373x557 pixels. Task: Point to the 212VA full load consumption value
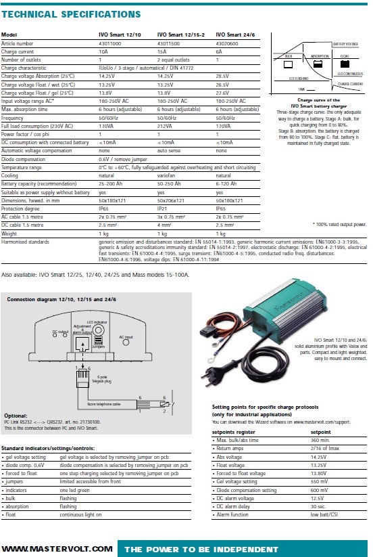click(x=166, y=125)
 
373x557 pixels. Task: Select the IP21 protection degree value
click(x=163, y=208)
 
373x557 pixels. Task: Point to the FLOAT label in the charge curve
click(x=345, y=57)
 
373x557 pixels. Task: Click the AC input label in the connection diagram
click(x=126, y=336)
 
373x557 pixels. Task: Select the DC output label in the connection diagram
click(x=61, y=332)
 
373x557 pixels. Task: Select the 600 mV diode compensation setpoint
click(x=320, y=489)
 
